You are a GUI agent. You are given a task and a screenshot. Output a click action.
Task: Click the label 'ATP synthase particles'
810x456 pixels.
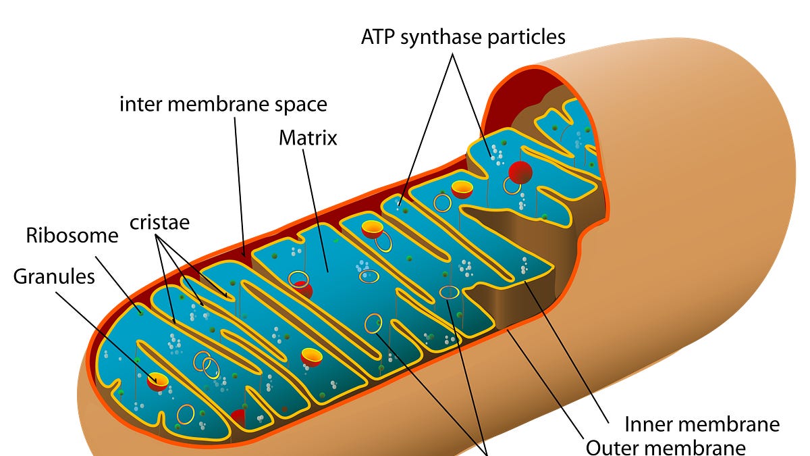pyautogui.click(x=463, y=36)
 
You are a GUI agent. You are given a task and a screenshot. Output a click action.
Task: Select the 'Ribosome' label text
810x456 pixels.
pyautogui.click(x=72, y=236)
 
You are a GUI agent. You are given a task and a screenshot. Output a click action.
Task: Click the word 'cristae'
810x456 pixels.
pyautogui.click(x=160, y=222)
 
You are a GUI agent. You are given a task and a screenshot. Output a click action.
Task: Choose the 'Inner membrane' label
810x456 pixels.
pyautogui.click(x=702, y=424)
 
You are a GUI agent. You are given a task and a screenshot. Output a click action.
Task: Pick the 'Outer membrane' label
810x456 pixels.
pyautogui.click(x=666, y=447)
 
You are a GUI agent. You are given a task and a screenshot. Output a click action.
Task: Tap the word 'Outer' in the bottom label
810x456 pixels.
pyautogui.click(x=612, y=447)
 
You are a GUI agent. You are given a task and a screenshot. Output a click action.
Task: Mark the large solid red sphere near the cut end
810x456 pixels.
pyautogui.click(x=520, y=172)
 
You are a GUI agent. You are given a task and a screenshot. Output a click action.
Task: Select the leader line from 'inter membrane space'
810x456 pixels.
pyautogui.click(x=239, y=182)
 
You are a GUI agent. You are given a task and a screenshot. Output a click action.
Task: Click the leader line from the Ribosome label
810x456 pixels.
pyautogui.click(x=118, y=284)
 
